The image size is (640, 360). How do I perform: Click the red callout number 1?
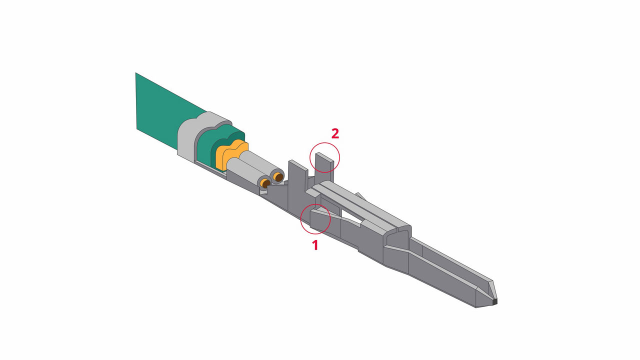(x=315, y=245)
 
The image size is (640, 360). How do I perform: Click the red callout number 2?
(x=335, y=133)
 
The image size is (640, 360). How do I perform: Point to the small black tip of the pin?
(x=495, y=301)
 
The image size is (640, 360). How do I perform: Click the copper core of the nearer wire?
(x=265, y=184)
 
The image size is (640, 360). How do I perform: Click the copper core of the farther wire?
(x=278, y=176)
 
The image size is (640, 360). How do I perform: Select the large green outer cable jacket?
(x=160, y=112)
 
